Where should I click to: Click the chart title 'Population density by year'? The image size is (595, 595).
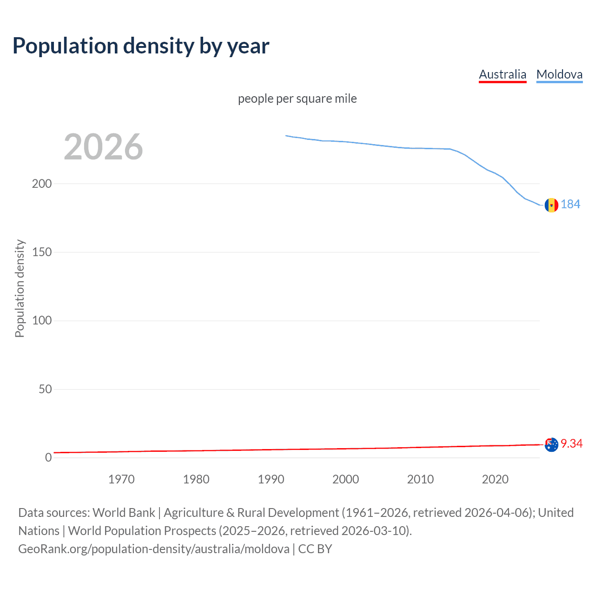(141, 46)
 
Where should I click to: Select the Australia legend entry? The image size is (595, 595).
(502, 74)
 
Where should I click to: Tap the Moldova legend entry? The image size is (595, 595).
(559, 74)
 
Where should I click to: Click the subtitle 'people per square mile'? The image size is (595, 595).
(297, 99)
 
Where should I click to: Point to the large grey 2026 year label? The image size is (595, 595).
(103, 147)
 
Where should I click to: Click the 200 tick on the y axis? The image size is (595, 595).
(42, 184)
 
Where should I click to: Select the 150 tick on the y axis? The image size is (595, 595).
(42, 252)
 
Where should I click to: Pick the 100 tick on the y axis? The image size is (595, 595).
(42, 321)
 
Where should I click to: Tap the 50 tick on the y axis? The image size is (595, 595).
(45, 389)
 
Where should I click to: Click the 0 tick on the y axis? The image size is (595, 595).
(48, 457)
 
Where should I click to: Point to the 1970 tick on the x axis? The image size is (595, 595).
(121, 479)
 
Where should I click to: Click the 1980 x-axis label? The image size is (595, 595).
(196, 479)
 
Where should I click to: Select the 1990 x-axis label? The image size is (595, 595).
(271, 479)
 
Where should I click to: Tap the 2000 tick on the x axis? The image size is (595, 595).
(346, 479)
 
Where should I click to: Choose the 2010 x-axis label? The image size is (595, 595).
(421, 479)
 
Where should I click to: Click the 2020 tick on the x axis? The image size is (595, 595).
(496, 479)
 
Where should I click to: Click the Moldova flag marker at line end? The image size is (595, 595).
(551, 205)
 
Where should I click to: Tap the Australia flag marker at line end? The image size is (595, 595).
(551, 445)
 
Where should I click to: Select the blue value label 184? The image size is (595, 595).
(570, 205)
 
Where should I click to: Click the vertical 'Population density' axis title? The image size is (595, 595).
(20, 288)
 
